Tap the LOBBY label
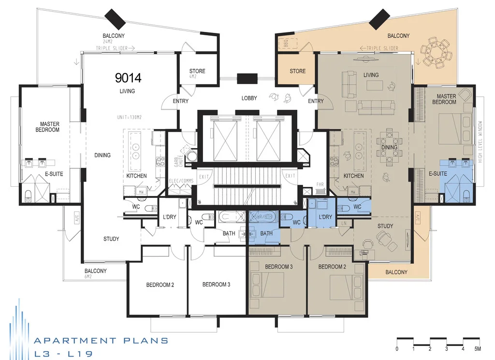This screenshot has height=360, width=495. [x=249, y=98]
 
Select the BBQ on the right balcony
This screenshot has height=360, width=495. [x=283, y=44]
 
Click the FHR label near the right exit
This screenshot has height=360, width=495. [x=320, y=184]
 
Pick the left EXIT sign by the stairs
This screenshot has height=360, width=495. [x=204, y=176]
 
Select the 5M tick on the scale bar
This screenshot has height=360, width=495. [x=477, y=348]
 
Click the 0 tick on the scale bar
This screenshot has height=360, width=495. [x=397, y=348]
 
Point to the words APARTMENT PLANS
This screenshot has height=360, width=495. [x=101, y=341]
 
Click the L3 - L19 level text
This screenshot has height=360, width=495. [x=63, y=354]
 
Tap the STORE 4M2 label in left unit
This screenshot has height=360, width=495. [x=197, y=74]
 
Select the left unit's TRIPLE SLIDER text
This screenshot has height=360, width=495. [x=112, y=48]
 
